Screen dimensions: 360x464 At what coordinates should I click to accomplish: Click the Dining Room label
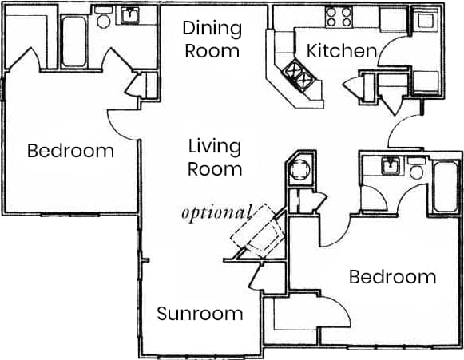[x=212, y=39]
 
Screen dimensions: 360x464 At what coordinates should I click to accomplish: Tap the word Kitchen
[x=341, y=52]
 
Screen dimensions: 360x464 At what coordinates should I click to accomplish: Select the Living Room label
[x=215, y=157]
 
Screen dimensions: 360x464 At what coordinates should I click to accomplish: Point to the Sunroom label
[x=200, y=313]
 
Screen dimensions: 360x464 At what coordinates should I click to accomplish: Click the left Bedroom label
[x=70, y=151]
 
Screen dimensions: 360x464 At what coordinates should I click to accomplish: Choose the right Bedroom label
[x=392, y=277]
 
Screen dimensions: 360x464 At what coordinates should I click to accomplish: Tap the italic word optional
[x=216, y=213]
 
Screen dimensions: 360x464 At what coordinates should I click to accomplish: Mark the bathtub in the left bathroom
[x=73, y=38]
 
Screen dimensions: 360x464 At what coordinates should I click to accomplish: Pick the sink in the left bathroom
[x=130, y=16]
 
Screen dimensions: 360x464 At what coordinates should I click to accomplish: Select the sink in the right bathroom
[x=391, y=166]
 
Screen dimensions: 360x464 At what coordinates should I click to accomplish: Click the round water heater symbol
[x=299, y=170]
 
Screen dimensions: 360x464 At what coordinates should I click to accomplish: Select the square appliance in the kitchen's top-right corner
[x=429, y=18]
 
